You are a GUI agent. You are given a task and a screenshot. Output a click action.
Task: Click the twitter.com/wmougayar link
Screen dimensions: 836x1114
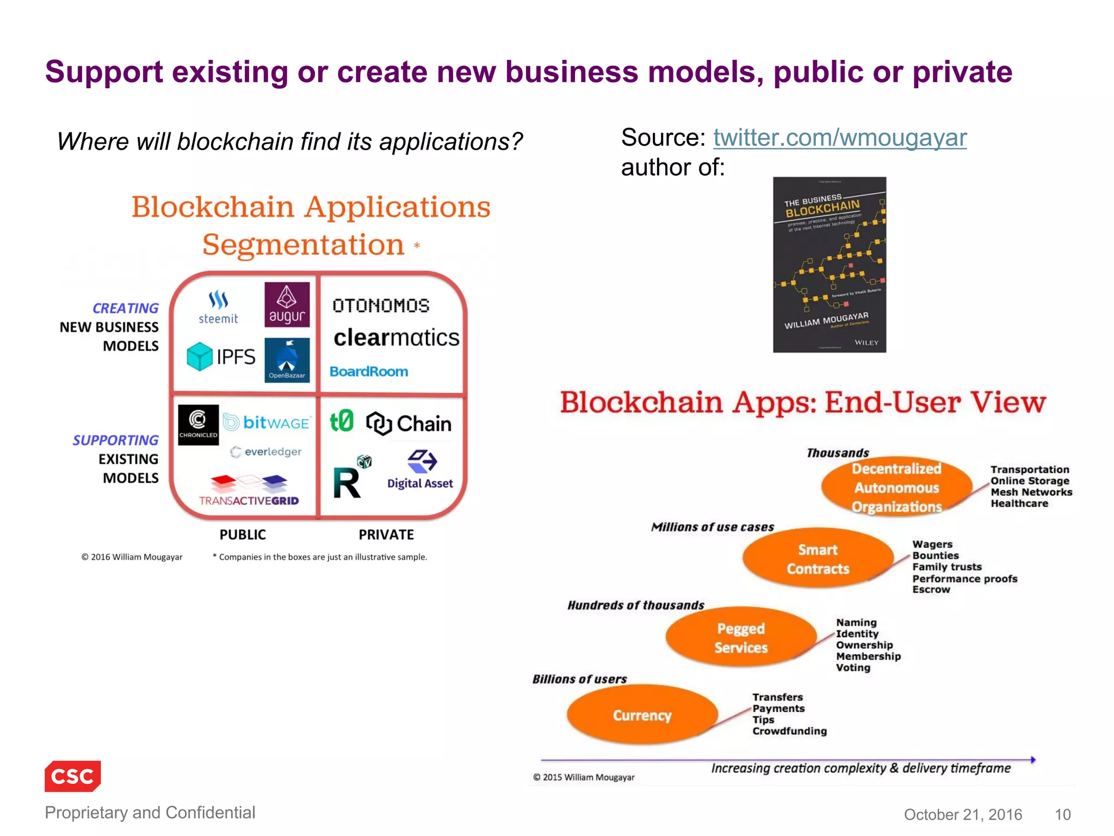pos(839,138)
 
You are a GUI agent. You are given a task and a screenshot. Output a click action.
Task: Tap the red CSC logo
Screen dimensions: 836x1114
pos(73,776)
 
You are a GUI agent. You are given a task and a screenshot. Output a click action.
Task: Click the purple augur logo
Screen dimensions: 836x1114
pos(287,304)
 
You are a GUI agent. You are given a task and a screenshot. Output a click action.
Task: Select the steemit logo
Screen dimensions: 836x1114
pos(218,308)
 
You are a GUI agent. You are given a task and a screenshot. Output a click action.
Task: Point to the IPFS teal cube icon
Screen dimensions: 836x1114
pos(199,356)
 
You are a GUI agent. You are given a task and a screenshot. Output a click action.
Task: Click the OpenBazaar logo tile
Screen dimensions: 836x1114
pos(287,360)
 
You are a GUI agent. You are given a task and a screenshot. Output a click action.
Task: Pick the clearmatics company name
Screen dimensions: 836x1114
pos(396,338)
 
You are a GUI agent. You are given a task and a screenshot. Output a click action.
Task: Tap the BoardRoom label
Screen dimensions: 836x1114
pos(369,372)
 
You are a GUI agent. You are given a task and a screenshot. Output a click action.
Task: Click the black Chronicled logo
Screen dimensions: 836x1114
pos(198,425)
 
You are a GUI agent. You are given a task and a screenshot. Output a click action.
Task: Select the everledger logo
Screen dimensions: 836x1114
pos(266,452)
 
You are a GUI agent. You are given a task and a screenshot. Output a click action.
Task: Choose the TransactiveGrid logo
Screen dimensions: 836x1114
pos(249,490)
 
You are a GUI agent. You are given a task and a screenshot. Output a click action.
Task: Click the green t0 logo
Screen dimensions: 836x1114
pos(342,421)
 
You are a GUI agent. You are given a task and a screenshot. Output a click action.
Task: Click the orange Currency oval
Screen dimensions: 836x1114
pos(642,715)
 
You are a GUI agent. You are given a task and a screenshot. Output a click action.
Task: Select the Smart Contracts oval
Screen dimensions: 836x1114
pos(818,558)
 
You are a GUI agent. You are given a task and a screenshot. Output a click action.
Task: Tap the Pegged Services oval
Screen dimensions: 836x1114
pos(741,637)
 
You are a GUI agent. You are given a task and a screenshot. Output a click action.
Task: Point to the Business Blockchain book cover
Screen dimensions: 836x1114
pos(829,265)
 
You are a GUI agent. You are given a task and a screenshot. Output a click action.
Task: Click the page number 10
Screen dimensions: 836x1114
pos(1062,814)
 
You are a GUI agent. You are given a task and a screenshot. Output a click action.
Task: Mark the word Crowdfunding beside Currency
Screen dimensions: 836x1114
pos(789,731)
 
